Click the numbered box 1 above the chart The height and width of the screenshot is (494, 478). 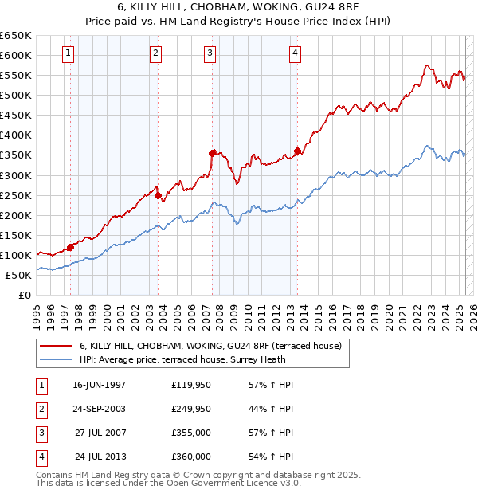coord(68,53)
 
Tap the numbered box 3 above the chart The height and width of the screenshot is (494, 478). coord(210,53)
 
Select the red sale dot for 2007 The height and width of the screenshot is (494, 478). coord(212,152)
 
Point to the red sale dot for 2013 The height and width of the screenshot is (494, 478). coord(297,151)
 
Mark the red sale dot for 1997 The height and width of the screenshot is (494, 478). coord(70,247)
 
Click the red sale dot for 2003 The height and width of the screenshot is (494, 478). coord(159,194)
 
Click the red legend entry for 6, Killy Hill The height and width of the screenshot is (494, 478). coord(210,346)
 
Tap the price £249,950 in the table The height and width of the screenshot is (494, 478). coord(191,410)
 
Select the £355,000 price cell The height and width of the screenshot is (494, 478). coord(191,433)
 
